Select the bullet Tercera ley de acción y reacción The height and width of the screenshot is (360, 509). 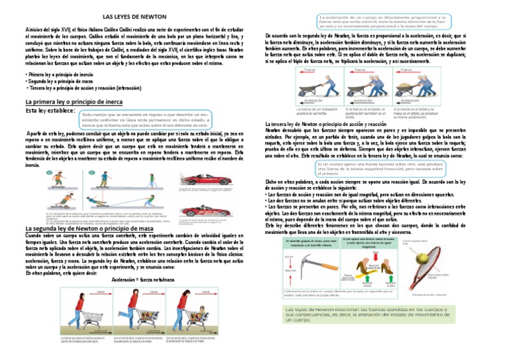pos(76,88)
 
